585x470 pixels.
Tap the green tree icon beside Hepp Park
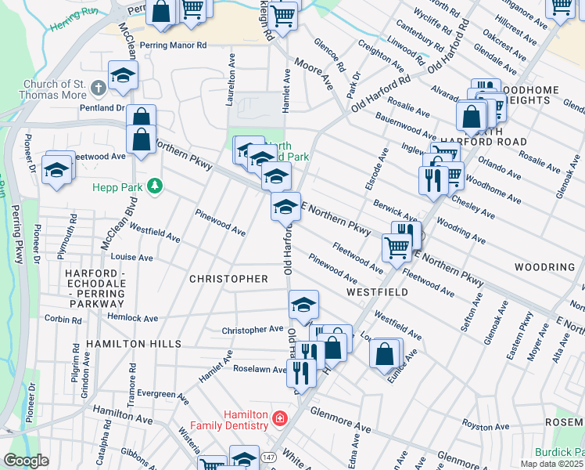tap(156, 186)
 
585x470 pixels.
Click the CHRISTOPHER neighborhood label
tap(228, 279)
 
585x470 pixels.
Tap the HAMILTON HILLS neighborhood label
tap(134, 344)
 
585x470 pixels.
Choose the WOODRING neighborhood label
tap(544, 267)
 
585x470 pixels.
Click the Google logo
tap(26, 461)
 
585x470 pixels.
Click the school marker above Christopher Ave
tap(303, 304)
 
